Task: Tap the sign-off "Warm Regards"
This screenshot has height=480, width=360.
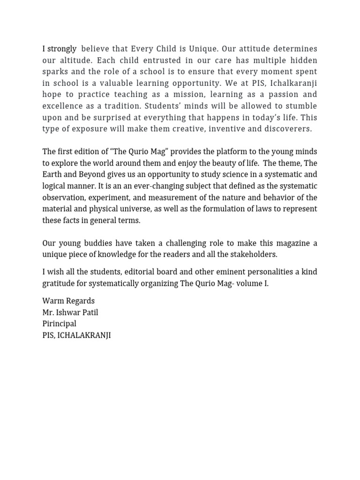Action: [x=68, y=300]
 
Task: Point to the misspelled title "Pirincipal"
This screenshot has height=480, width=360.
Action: [x=59, y=323]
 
